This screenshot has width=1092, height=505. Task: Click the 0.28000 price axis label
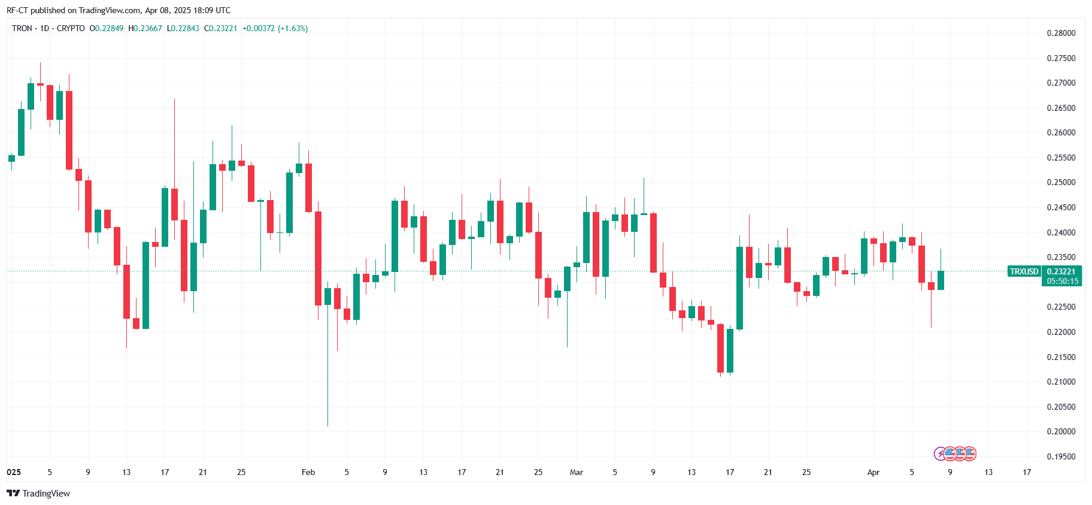coord(1060,33)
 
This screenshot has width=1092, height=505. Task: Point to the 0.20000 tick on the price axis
coord(1060,431)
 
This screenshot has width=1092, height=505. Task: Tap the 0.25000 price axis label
coord(1060,182)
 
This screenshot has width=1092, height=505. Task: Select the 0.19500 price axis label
coord(1060,456)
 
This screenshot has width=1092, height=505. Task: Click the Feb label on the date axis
coord(308,472)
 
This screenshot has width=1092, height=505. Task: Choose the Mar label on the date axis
coord(576,472)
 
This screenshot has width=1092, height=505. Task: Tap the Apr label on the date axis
coord(873,472)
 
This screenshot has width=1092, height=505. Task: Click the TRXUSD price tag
coord(1024,271)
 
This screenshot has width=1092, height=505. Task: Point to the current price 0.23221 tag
coord(1061,271)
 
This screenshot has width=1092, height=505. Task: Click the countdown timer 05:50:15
coord(1062,281)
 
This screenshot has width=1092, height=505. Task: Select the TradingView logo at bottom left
coord(38,493)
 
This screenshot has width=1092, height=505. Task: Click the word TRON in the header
coord(22,28)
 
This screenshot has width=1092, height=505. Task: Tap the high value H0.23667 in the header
coord(145,28)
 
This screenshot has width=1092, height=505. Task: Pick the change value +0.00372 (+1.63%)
coord(275,28)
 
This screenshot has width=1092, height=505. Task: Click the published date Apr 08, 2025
coord(168,10)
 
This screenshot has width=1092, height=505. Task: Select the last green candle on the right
coord(941,280)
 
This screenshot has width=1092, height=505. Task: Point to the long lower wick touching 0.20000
coord(327,383)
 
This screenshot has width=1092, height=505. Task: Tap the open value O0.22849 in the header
coord(107,28)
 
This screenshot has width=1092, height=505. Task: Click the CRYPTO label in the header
coord(71,28)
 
